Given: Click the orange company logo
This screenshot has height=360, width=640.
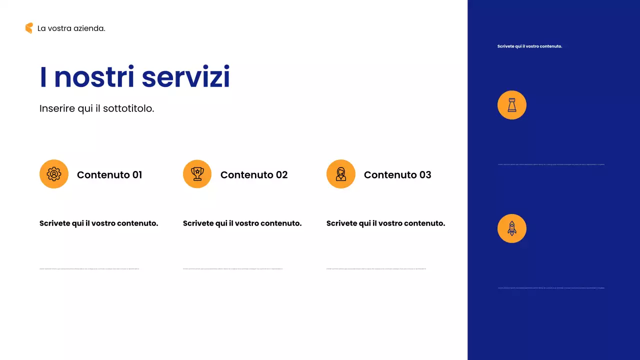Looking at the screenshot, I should click(x=29, y=28).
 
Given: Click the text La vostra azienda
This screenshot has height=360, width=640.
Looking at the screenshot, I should click(x=71, y=28).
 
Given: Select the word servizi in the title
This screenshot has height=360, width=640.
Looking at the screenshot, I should click(x=186, y=77).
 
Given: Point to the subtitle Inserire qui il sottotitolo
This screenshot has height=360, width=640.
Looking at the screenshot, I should click(x=97, y=108).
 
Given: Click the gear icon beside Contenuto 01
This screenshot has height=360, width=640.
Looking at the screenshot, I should click(x=54, y=174).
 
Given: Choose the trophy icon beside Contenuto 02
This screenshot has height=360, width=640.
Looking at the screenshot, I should click(x=197, y=174).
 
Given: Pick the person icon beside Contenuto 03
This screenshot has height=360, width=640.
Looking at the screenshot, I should click(x=341, y=174).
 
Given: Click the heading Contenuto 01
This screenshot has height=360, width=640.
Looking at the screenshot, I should click(x=109, y=174).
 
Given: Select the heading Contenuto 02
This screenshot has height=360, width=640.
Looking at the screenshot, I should click(x=254, y=174).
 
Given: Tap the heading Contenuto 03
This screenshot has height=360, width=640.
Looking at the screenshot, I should click(x=397, y=174).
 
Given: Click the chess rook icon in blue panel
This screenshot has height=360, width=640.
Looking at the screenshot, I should click(x=512, y=105).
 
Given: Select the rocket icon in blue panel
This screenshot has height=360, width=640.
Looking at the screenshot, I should click(x=512, y=228).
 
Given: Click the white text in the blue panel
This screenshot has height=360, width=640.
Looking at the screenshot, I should click(x=529, y=46).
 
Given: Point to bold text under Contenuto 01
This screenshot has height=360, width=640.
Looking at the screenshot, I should click(x=99, y=223).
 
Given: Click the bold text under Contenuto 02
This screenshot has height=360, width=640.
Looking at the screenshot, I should click(x=242, y=223).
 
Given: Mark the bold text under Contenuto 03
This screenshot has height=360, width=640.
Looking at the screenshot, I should click(x=386, y=223).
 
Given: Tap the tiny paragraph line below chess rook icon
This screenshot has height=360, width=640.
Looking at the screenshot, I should click(x=551, y=164).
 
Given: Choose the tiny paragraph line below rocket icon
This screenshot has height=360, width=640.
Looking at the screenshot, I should click(x=551, y=287).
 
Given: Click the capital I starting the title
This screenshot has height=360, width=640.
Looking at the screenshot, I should click(x=43, y=77).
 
